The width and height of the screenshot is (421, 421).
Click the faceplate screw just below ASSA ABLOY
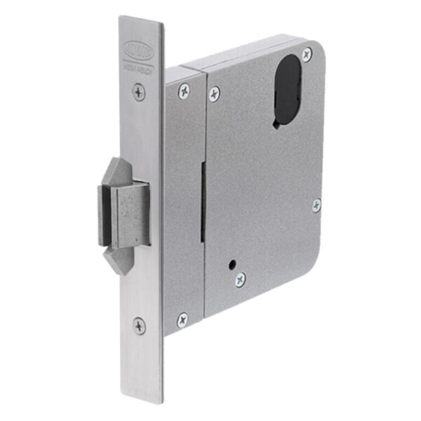[139, 91]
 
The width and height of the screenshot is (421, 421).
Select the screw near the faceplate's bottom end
[140, 325]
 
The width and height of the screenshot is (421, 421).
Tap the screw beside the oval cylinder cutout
[307, 54]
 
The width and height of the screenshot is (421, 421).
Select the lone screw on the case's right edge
[316, 205]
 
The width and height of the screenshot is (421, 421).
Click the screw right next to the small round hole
[241, 278]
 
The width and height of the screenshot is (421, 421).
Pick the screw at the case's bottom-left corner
[182, 319]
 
